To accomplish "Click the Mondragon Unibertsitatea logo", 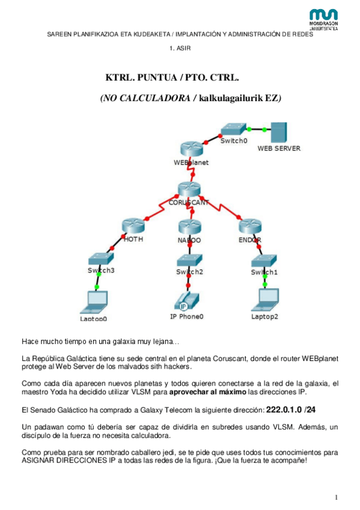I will [323, 19].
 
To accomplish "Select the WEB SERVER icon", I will [278, 132].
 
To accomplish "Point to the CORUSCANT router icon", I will [188, 189].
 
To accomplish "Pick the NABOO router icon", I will [189, 228].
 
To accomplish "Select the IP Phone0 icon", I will [188, 301].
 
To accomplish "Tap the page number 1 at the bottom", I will [337, 496].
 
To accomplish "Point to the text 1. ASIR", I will [180, 48].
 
